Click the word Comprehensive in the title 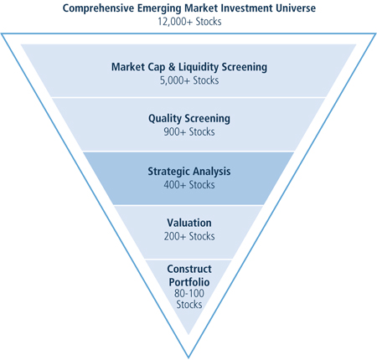[x=98, y=8]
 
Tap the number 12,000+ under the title [x=175, y=22]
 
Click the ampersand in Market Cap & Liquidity [x=172, y=67]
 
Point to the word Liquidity [x=199, y=68]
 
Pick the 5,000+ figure [x=175, y=80]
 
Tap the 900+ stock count [x=174, y=131]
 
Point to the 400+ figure [x=175, y=185]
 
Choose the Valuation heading [x=189, y=223]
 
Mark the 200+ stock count [x=175, y=236]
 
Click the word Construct [x=189, y=269]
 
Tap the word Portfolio [x=189, y=282]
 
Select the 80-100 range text [x=189, y=293]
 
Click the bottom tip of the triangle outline [x=188, y=357]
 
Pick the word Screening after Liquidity [x=245, y=68]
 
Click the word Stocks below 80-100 [x=189, y=304]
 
